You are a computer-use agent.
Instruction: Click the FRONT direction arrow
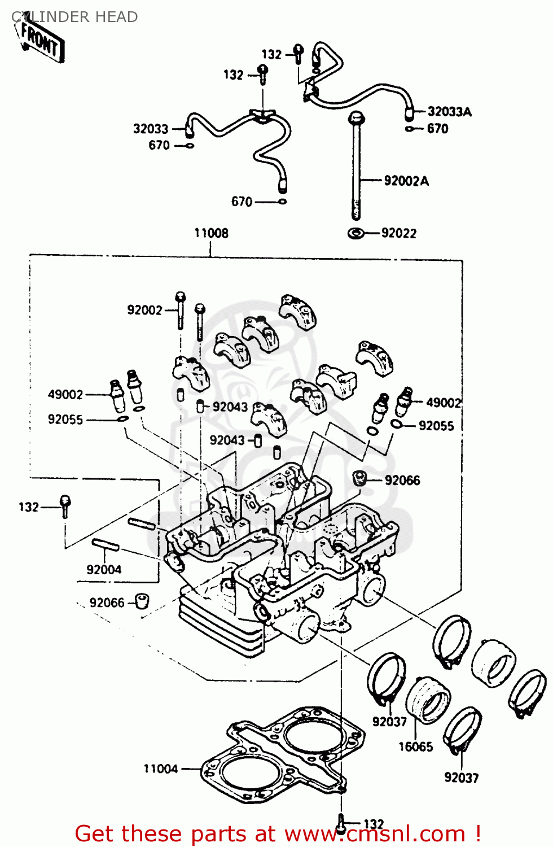[41, 42]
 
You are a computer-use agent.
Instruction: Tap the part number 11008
[211, 233]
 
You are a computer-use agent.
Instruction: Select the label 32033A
[449, 112]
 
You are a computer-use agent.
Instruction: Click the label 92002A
[406, 181]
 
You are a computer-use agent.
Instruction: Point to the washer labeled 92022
[355, 233]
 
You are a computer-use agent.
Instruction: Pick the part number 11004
[160, 769]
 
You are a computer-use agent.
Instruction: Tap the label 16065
[415, 746]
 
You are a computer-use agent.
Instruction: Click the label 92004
[104, 569]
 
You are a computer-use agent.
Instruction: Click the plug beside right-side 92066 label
[359, 478]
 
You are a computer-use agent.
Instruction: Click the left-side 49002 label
[65, 394]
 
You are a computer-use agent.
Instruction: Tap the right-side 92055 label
[436, 426]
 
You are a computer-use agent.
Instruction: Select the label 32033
[151, 129]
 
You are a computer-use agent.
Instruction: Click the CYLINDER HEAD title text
[74, 17]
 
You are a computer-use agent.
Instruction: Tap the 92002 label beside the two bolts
[144, 310]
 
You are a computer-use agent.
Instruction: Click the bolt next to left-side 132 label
[65, 505]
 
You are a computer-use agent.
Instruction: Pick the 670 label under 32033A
[437, 129]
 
